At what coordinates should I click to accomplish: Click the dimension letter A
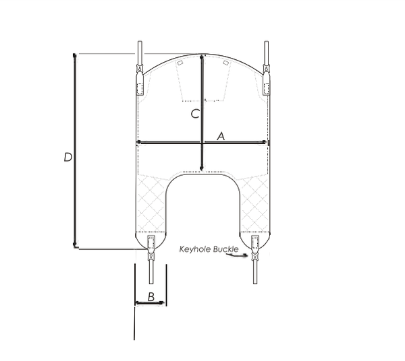[x=221, y=136]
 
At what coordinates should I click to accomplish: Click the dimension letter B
[x=151, y=296]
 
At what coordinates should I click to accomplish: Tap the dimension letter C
[x=195, y=114]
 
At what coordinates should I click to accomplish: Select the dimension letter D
[x=68, y=157]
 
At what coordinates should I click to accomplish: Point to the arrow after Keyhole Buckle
[x=237, y=255]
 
